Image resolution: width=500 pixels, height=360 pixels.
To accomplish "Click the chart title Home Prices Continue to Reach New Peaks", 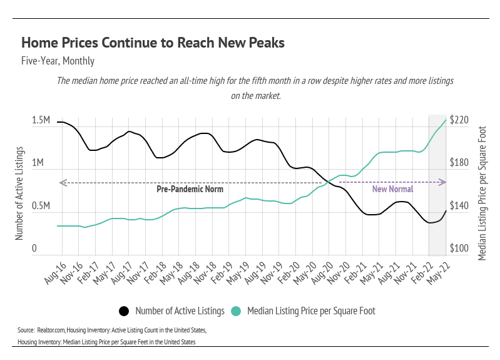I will click(153, 43).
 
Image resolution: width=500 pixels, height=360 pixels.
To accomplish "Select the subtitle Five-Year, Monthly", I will click(58, 61).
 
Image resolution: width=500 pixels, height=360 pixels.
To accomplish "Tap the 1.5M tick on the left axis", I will click(41, 120).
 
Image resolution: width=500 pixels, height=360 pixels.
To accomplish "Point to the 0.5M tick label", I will click(41, 206).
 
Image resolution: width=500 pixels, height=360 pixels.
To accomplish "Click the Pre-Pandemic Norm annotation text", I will click(190, 189).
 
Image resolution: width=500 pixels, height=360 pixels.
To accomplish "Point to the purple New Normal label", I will click(392, 189).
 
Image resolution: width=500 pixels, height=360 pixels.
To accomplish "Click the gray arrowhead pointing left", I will click(61, 182).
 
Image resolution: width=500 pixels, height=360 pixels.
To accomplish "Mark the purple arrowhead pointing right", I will click(442, 182).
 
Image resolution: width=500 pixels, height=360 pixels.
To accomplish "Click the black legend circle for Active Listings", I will click(124, 311).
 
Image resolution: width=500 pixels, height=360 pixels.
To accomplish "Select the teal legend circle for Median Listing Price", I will click(236, 311).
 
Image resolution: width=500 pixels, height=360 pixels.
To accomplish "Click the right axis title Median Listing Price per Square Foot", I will click(482, 183).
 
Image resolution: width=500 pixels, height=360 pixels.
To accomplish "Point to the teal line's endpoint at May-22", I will click(446, 120).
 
